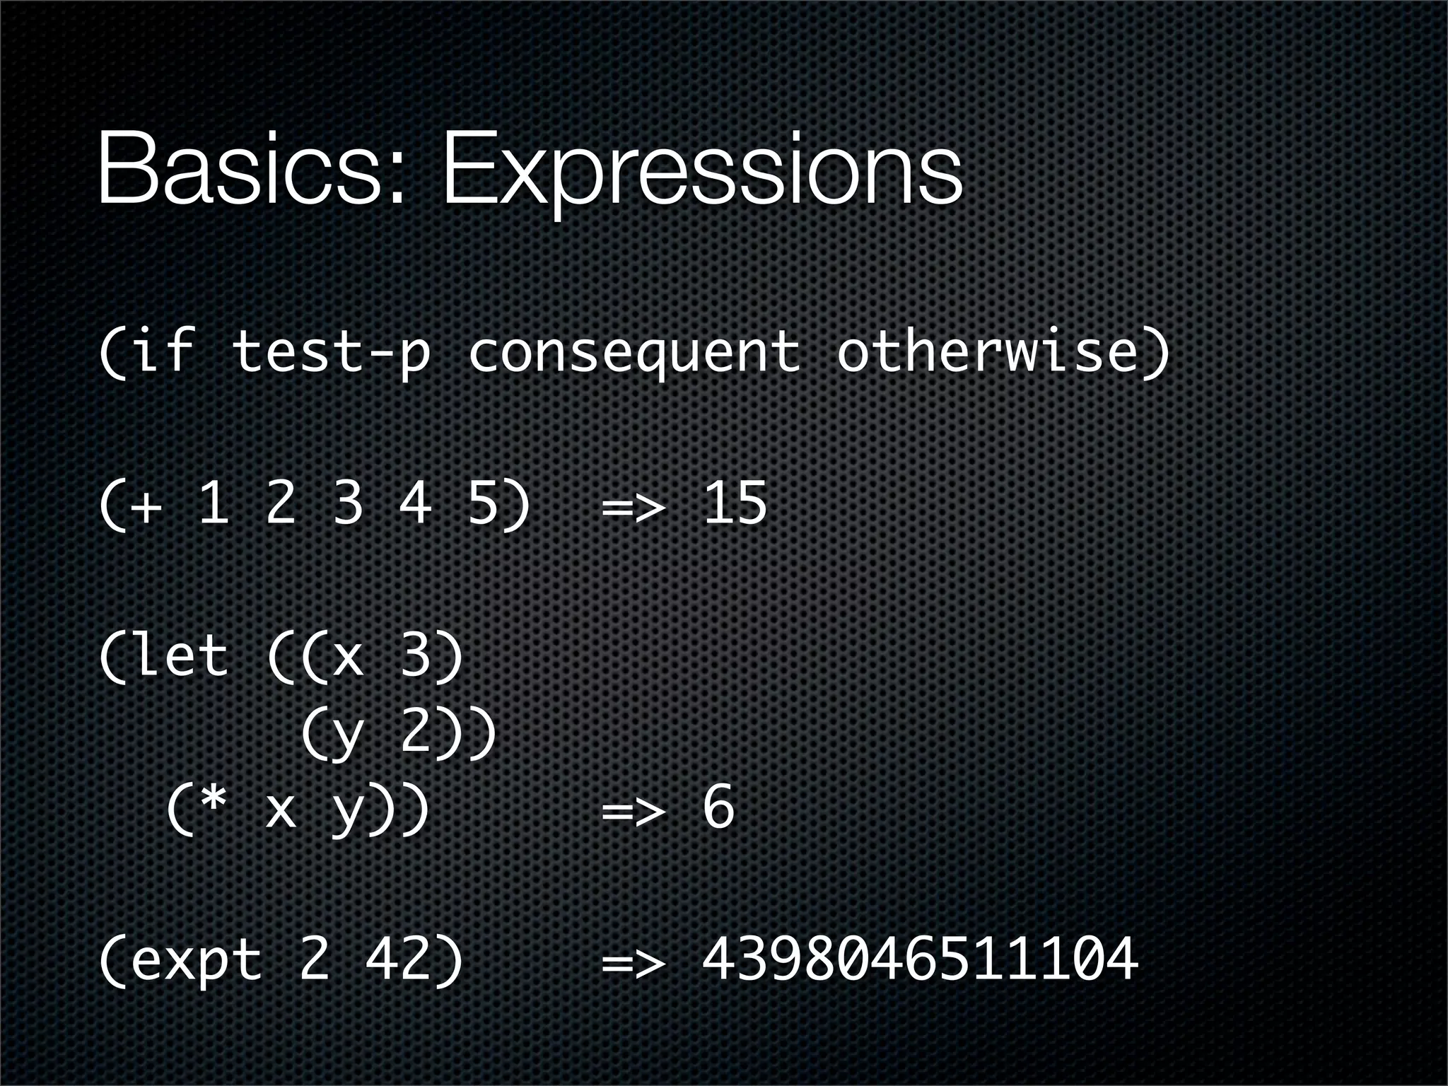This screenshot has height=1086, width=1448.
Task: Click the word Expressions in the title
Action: tap(701, 173)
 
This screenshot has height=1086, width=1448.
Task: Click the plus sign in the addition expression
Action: tap(147, 506)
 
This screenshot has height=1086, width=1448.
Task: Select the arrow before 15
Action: tap(633, 506)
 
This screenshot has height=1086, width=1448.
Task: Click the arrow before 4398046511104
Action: tap(633, 962)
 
